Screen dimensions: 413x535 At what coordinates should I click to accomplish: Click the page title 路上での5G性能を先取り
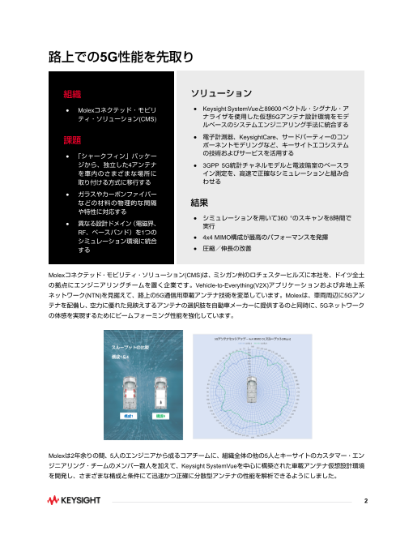(x=120, y=57)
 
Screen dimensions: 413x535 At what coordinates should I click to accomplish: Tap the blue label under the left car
(x=126, y=415)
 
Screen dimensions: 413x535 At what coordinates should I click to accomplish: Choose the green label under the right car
(x=160, y=415)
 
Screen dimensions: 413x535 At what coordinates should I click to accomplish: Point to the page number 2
(x=366, y=501)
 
